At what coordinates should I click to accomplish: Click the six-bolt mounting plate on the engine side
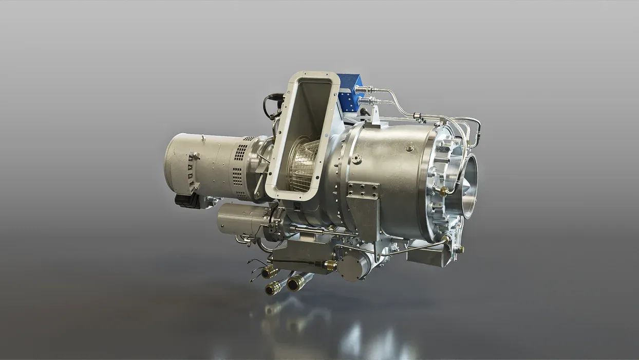pos(363,190)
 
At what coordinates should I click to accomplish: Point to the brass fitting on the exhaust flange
pos(442,191)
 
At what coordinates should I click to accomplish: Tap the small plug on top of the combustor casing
pos(409,148)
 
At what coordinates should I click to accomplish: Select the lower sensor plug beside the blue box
pos(366,101)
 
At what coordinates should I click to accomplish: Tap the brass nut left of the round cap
pos(329,265)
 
